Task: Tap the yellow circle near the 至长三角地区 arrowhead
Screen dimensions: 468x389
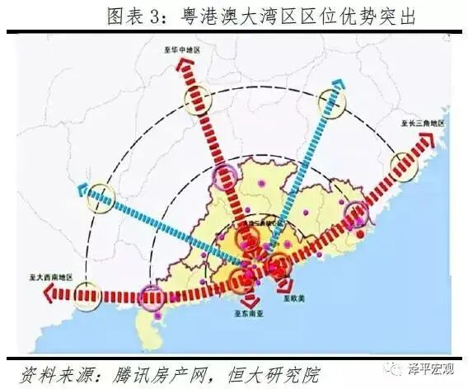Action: (404, 163)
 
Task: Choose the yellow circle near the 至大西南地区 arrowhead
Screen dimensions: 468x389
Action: (87, 293)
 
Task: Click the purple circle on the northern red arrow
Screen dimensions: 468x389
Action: (225, 176)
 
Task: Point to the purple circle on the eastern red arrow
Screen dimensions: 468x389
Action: (357, 213)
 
